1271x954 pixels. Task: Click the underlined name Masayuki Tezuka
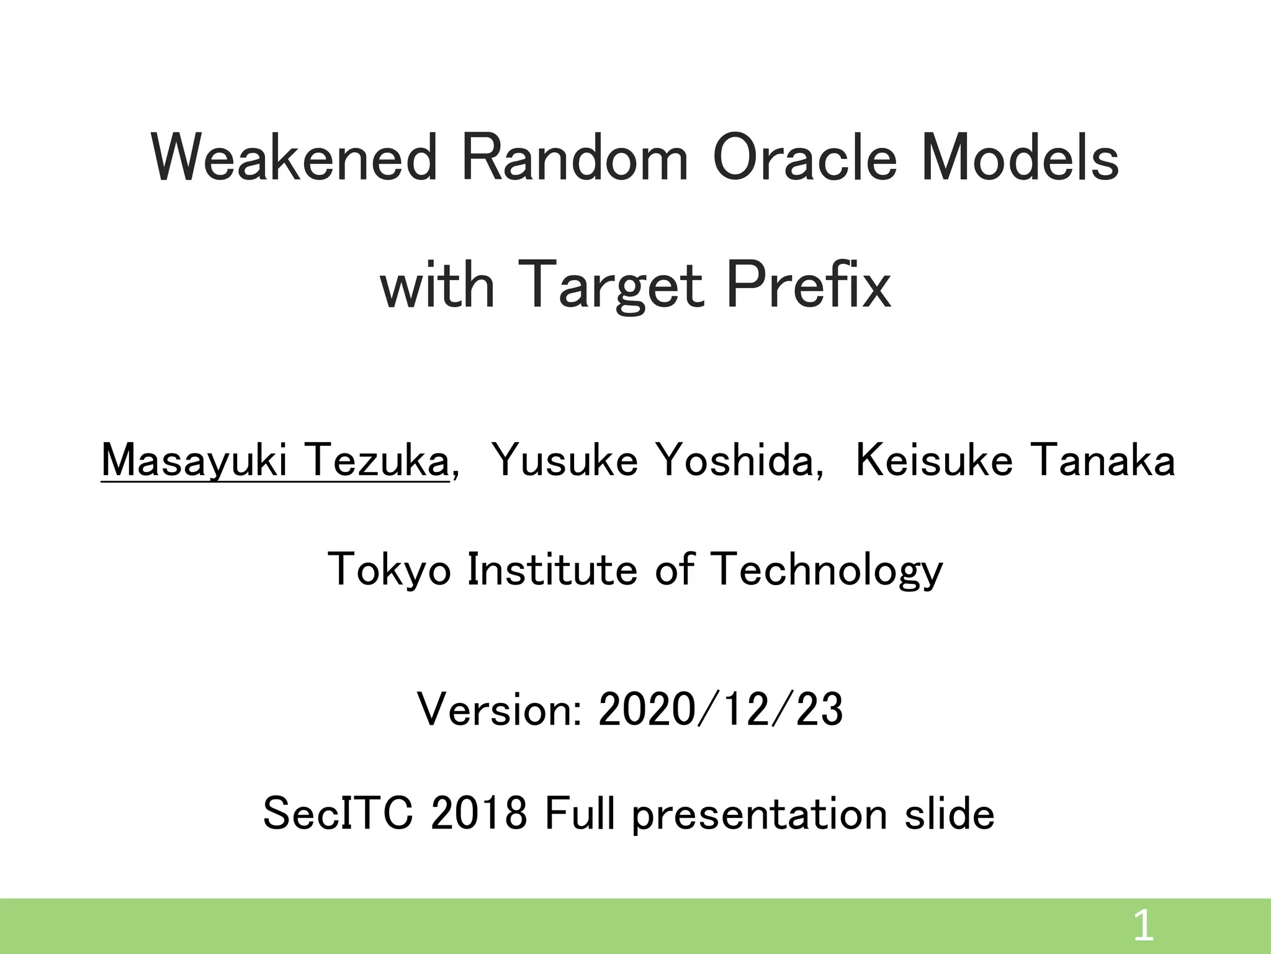(274, 461)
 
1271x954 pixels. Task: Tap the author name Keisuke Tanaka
(1015, 461)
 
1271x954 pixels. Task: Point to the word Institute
(552, 569)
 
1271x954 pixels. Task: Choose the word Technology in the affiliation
(825, 569)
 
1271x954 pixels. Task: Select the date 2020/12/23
(720, 710)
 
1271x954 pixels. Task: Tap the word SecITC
(338, 814)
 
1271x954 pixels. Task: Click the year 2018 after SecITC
(478, 814)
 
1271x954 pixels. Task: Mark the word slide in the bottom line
(949, 814)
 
